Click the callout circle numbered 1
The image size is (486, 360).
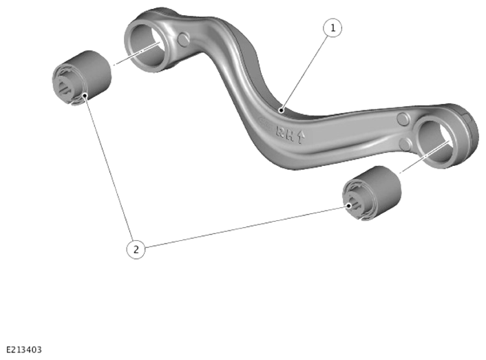click(x=332, y=28)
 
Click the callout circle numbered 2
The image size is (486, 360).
click(x=136, y=249)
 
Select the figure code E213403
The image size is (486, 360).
click(x=24, y=350)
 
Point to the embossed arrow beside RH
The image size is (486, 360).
click(x=301, y=137)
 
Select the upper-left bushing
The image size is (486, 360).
click(x=81, y=78)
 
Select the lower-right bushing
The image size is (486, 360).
click(x=372, y=193)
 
